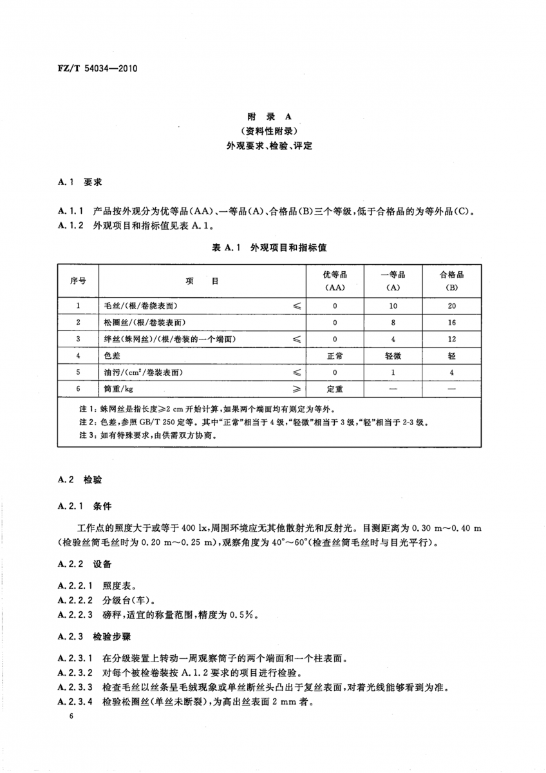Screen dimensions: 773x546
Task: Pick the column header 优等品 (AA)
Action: [x=335, y=281]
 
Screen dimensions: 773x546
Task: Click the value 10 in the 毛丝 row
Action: [x=393, y=306]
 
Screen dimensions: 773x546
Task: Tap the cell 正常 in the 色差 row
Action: [x=335, y=356]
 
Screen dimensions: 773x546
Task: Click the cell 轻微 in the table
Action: [x=393, y=356]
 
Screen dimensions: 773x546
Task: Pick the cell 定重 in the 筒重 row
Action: [x=335, y=389]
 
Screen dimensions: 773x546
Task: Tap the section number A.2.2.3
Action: [x=76, y=615]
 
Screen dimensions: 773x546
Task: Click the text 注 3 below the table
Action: [x=86, y=435]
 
